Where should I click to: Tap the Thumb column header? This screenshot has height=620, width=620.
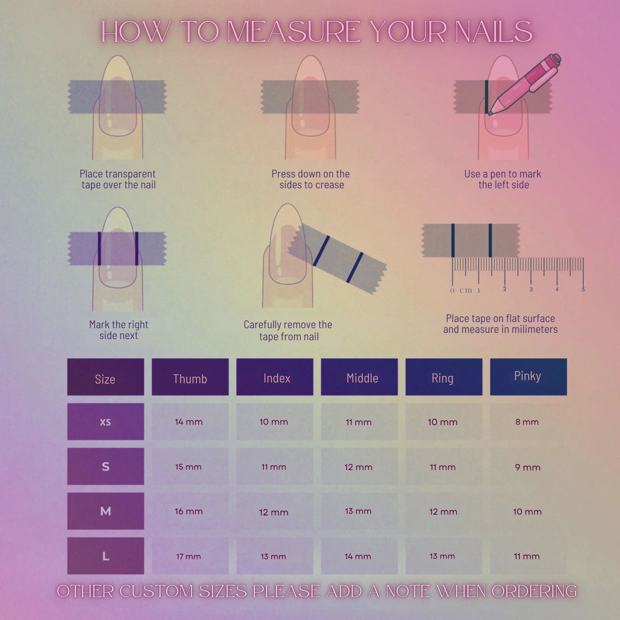[x=190, y=377]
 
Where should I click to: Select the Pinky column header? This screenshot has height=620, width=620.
[x=528, y=377]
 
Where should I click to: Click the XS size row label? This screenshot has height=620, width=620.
[x=105, y=422]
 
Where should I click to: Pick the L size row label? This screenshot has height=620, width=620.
[x=105, y=556]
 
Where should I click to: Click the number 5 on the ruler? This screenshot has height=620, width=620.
[x=583, y=289]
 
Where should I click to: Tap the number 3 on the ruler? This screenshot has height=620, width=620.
[x=531, y=289]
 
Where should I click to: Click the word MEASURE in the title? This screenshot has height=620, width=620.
[x=293, y=32]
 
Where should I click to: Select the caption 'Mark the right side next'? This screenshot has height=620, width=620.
[x=119, y=330]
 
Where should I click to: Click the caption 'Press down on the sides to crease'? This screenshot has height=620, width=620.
[x=311, y=179]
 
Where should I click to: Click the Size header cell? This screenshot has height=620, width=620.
[x=105, y=377]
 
